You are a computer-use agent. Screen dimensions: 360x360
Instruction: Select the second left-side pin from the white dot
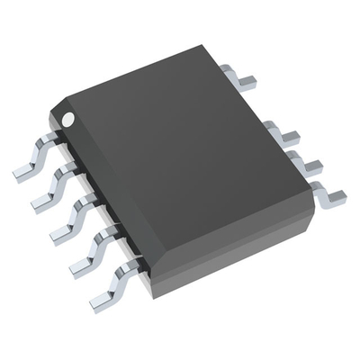pos(54,183)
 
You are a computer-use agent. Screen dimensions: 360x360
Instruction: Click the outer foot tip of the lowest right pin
pos(338,198)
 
